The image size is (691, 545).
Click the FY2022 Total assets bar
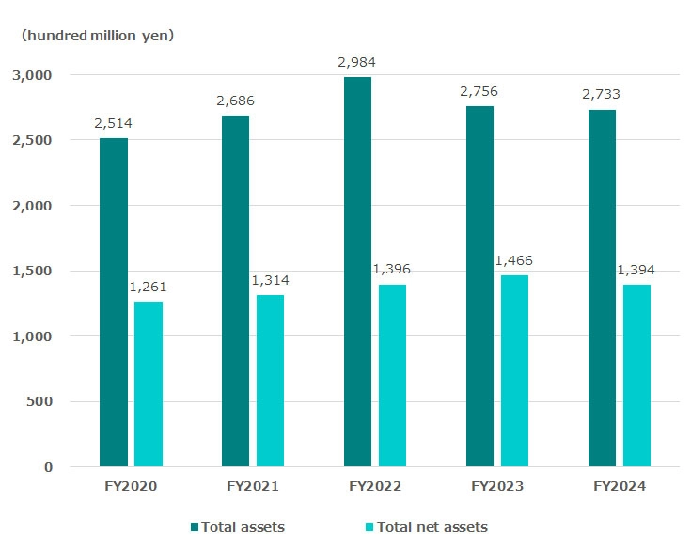[x=357, y=272]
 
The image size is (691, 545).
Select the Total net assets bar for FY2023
[x=514, y=370]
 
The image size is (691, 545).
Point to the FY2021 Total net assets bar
[x=270, y=381]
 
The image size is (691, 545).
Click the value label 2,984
[x=357, y=63]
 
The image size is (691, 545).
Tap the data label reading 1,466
[x=514, y=260]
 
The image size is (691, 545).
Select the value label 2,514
[x=113, y=123]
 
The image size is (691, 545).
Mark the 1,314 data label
[x=270, y=280]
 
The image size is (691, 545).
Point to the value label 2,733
[x=602, y=94]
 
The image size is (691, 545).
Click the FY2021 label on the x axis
[x=252, y=487]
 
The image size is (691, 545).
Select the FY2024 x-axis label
[x=619, y=487]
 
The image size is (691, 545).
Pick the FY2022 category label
[x=374, y=487]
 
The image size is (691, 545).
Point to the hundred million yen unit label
[x=98, y=36]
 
